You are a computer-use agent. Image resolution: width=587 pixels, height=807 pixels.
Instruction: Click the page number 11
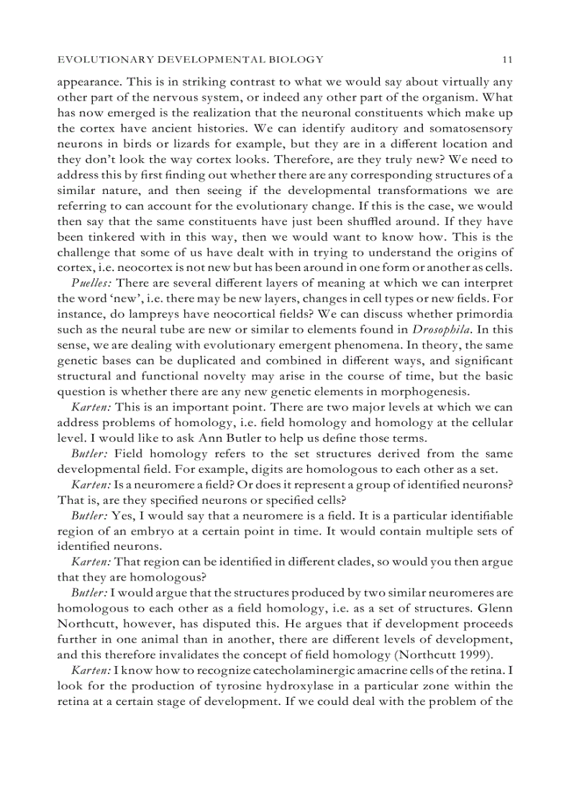(507, 59)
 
